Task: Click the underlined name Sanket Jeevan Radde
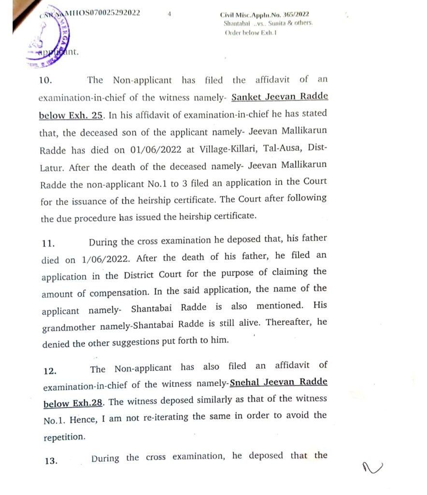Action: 280,96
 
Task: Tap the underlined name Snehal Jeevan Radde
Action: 279,382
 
